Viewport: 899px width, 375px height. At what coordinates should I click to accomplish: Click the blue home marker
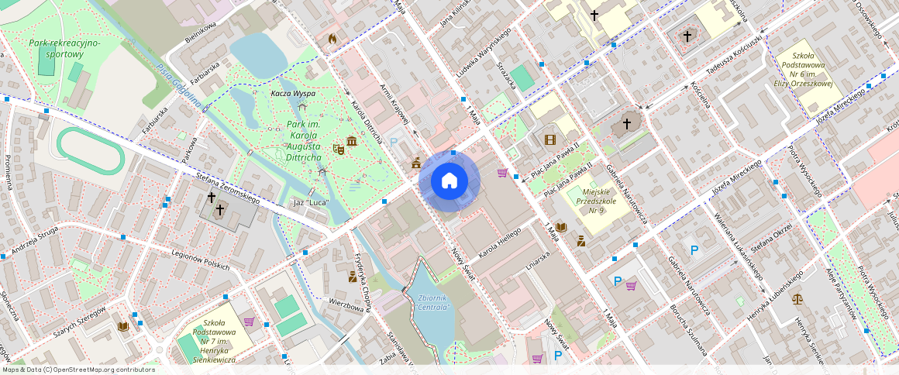tap(449, 181)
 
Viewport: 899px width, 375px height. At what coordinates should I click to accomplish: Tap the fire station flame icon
tap(333, 38)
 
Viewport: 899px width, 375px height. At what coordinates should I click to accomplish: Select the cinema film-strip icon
tap(550, 139)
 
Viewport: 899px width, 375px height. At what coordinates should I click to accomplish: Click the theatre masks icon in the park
tap(338, 147)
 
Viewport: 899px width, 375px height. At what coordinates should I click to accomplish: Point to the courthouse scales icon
tap(797, 298)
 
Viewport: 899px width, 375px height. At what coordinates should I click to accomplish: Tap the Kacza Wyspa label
tap(292, 94)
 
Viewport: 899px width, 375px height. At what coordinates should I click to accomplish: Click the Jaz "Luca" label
tap(308, 203)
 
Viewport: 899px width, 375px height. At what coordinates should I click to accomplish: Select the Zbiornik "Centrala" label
tap(433, 302)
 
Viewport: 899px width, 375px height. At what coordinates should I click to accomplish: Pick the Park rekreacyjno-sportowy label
tap(64, 49)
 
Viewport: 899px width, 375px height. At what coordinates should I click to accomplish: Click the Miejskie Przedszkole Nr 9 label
tap(595, 199)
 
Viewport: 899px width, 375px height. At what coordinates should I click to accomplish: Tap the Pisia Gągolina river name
tap(179, 85)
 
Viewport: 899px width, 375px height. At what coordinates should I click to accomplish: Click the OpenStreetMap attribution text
tap(77, 370)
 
